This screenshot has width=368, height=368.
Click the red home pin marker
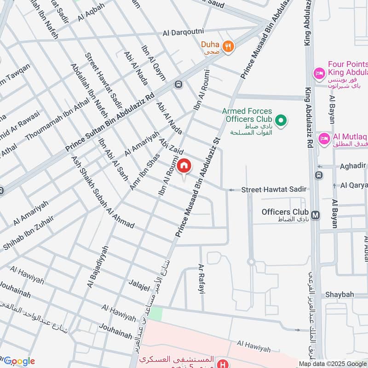(184, 166)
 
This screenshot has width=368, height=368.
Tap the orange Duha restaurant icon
(228, 46)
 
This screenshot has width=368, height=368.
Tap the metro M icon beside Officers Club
(316, 215)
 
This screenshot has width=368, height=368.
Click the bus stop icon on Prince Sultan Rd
(178, 84)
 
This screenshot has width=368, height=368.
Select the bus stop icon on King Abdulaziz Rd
(318, 175)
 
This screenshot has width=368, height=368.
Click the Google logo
(18, 361)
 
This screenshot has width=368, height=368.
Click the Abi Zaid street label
(172, 145)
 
